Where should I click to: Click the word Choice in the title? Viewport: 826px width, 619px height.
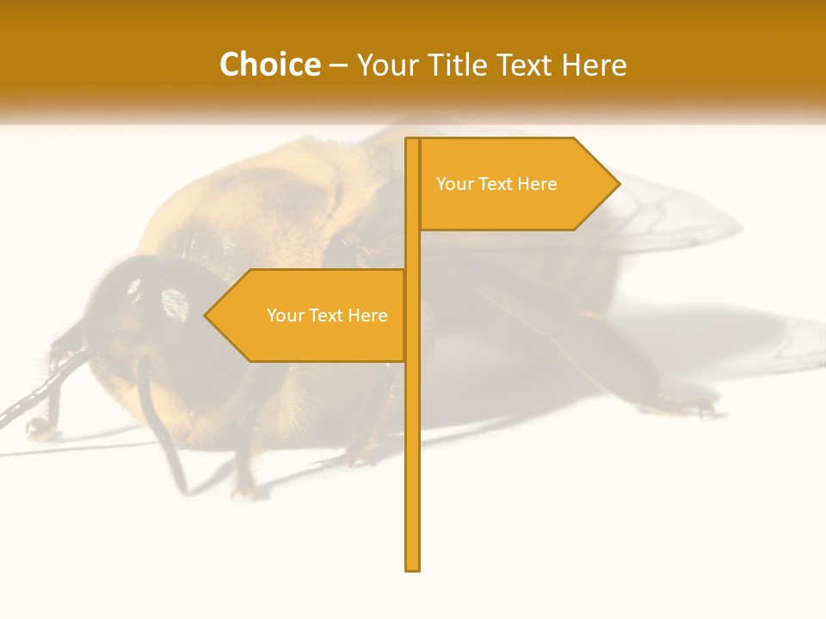point(269,64)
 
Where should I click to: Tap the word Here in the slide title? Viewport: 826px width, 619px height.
point(594,64)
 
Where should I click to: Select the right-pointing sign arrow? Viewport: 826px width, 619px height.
point(516,184)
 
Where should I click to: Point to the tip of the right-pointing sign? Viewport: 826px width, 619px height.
point(618,183)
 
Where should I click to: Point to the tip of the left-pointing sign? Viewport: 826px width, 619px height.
point(206,315)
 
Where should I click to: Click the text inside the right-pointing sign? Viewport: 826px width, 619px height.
point(496,184)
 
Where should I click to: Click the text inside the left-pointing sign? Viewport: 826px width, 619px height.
point(327,316)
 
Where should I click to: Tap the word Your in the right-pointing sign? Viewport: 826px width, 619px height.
point(453,184)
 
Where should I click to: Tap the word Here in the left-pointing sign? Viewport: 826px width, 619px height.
point(367,316)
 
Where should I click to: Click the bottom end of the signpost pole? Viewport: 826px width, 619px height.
point(412,567)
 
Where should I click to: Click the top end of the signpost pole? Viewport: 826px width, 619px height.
point(412,141)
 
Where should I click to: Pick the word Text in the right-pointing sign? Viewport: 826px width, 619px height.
point(496,184)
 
